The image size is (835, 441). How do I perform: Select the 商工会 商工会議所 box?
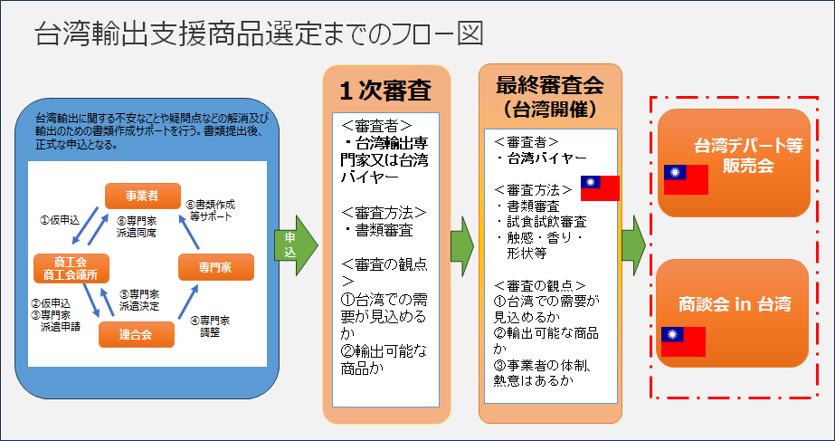pos(71,268)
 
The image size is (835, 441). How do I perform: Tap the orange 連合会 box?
pos(137,334)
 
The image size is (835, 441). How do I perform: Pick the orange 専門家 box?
pos(215,267)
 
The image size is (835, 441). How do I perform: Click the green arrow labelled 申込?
pos(296,245)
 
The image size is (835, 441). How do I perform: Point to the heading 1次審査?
pos(385,92)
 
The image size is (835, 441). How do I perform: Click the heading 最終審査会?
pos(550,84)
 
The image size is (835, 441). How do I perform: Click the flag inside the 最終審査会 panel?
pos(600,187)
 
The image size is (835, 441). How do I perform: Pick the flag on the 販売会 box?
pos(686,179)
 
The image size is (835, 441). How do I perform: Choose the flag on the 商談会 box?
pos(683,341)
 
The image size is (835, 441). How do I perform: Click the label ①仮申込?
pos(60,220)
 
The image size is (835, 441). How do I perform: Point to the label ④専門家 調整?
pos(210,326)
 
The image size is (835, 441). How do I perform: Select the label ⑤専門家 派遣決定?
pos(138,301)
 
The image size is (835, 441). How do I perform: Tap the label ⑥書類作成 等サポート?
pos(210,211)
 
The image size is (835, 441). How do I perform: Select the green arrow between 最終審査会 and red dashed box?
pos(633,245)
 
